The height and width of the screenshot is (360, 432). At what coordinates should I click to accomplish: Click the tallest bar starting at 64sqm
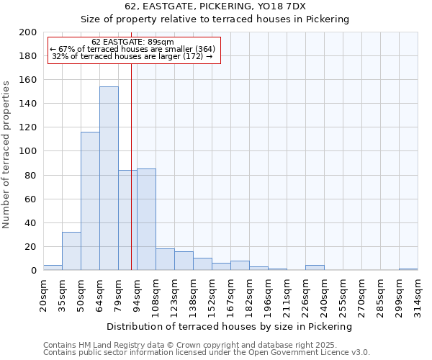click(109, 179)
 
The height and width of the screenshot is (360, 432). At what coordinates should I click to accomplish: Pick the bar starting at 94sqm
click(146, 220)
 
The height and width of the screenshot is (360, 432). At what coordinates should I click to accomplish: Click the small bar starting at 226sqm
click(315, 268)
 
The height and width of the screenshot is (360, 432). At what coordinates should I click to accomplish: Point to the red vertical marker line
click(131, 166)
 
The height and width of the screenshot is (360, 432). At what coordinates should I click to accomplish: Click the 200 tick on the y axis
click(28, 32)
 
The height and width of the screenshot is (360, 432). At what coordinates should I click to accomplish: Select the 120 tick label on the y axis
click(28, 127)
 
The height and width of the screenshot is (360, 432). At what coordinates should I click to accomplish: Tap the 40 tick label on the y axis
click(31, 222)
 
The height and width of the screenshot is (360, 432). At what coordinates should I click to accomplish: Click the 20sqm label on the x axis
click(43, 293)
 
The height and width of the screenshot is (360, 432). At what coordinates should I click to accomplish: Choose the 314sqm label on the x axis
click(418, 293)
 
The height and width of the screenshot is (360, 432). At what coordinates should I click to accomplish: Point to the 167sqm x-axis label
click(230, 293)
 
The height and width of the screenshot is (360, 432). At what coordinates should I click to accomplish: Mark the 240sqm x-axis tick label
click(324, 293)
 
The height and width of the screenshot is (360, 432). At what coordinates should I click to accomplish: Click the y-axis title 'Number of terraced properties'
click(7, 154)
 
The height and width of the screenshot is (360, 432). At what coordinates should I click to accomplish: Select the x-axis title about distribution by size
click(230, 326)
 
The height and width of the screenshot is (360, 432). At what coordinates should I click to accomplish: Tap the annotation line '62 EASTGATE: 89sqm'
click(133, 42)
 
